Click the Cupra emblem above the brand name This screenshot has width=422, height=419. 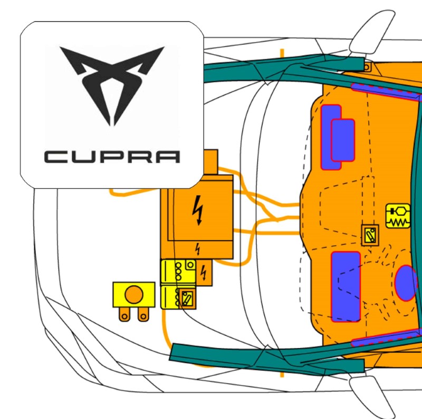(112, 84)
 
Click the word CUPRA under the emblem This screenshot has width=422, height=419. (112, 157)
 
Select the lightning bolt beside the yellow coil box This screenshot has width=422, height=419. (204, 273)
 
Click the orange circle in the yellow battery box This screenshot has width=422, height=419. (133, 295)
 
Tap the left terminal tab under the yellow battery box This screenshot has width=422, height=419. (125, 314)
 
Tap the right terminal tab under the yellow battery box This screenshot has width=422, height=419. (142, 314)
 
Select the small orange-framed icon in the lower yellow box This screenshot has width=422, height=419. (186, 298)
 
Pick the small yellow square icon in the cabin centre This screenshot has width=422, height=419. (370, 235)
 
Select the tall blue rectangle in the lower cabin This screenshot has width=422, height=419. (346, 286)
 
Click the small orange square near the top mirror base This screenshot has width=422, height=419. (368, 67)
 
